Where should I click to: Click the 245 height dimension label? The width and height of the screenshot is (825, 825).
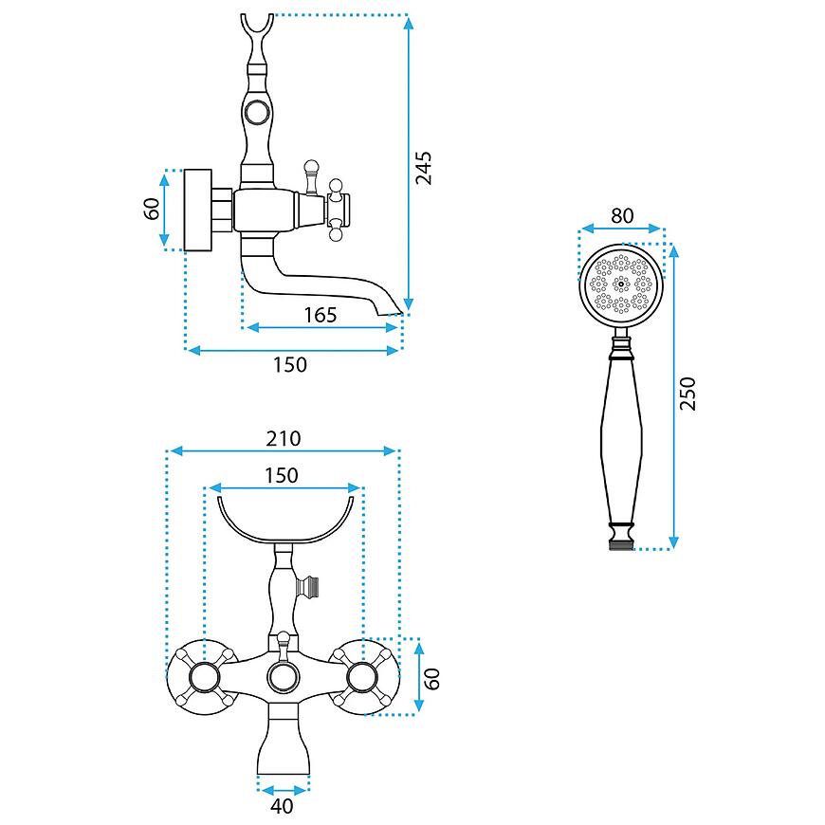pyautogui.click(x=424, y=168)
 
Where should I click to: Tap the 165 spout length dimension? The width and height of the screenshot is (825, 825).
pyautogui.click(x=320, y=315)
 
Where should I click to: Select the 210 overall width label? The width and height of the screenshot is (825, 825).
pyautogui.click(x=284, y=438)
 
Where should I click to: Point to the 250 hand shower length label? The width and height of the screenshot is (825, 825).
pyautogui.click(x=687, y=393)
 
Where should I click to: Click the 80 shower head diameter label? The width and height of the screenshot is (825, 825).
pyautogui.click(x=622, y=215)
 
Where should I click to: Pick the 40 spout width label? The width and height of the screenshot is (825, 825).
pyautogui.click(x=282, y=805)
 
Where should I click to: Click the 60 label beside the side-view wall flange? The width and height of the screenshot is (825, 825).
pyautogui.click(x=151, y=209)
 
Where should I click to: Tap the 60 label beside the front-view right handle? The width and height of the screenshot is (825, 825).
pyautogui.click(x=431, y=679)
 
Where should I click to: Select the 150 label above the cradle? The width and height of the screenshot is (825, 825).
pyautogui.click(x=282, y=475)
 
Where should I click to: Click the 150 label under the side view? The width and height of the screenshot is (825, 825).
pyautogui.click(x=290, y=365)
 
